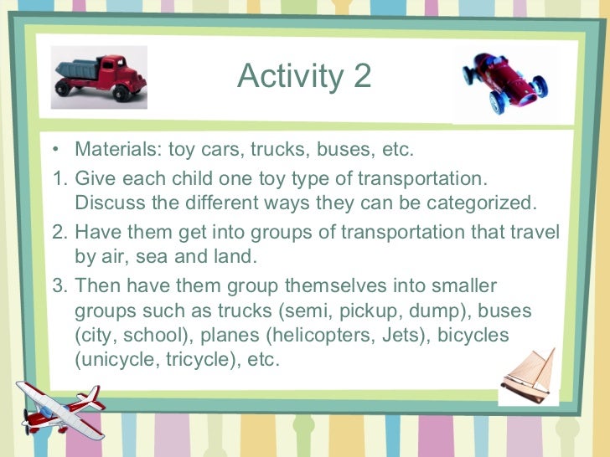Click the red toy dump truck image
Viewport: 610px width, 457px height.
coord(98,77)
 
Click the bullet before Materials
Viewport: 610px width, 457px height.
coord(55,151)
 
